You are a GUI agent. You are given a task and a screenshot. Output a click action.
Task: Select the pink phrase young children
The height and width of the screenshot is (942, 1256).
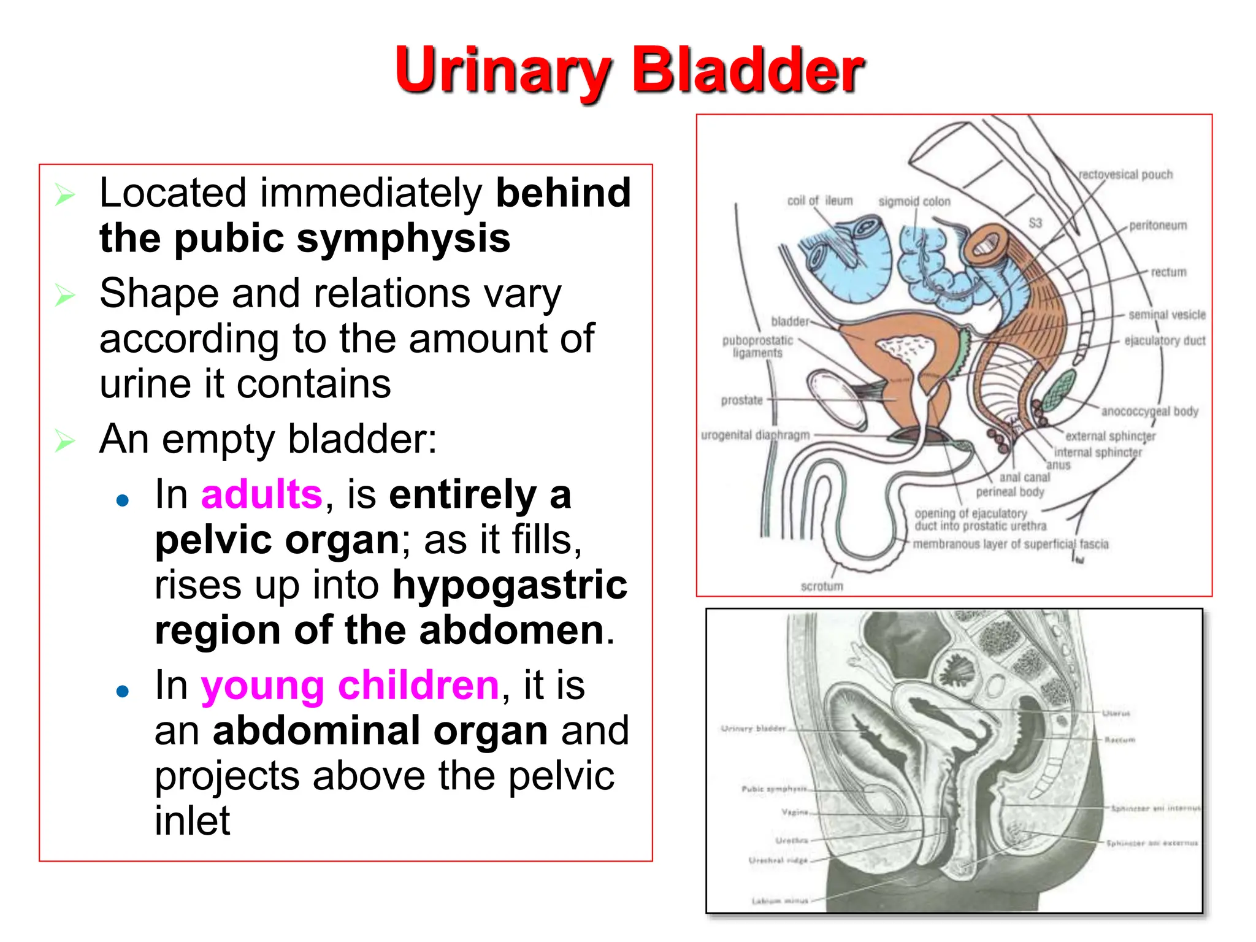click(x=350, y=685)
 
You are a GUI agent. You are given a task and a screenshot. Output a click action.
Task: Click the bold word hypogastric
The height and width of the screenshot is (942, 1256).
click(x=510, y=585)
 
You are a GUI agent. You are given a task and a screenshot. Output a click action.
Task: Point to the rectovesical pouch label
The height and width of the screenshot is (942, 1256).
click(x=1125, y=175)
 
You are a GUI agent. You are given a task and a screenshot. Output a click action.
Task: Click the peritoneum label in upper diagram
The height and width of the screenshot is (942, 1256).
click(x=1158, y=225)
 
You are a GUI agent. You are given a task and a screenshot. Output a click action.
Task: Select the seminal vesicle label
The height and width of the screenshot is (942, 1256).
click(x=1166, y=315)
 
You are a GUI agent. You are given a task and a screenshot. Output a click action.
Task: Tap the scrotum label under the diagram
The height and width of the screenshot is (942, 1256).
click(x=822, y=586)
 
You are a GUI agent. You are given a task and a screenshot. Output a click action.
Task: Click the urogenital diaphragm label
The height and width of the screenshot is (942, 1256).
click(x=755, y=435)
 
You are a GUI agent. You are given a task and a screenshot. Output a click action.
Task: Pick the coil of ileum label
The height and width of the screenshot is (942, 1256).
click(x=820, y=201)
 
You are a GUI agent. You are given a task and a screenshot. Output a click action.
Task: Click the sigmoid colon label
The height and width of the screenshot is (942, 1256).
click(x=914, y=201)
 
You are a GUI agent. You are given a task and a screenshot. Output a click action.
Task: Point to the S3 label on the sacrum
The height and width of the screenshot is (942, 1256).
click(x=1035, y=223)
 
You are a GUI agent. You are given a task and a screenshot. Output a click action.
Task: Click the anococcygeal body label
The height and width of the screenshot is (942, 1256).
click(x=1149, y=411)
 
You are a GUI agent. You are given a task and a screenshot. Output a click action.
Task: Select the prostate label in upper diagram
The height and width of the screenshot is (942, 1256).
click(x=741, y=400)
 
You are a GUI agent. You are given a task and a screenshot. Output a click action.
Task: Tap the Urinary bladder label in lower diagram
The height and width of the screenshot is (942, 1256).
click(x=753, y=729)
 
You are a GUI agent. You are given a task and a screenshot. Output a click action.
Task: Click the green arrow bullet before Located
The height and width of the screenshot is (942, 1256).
click(x=64, y=194)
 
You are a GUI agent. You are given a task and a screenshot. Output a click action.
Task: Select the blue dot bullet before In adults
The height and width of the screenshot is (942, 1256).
click(x=123, y=500)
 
